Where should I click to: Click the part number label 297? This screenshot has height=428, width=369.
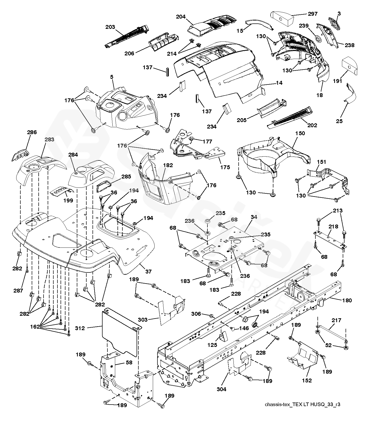pos(313,14)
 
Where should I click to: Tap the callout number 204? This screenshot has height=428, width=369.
pos(181,17)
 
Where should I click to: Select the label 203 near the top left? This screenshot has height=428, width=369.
pos(110,27)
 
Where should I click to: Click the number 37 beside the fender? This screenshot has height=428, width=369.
pos(148,271)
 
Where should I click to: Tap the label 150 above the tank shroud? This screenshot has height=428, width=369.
pos(300,133)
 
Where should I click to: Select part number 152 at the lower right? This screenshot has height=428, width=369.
pos(307,380)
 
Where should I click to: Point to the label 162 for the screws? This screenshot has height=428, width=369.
pos(35,327)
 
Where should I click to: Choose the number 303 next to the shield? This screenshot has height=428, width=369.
pos(143,320)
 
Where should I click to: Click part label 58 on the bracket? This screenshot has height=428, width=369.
pos(129,362)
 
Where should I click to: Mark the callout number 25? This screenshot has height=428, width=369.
pos(340,121)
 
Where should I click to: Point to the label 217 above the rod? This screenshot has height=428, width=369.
pos(336,320)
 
